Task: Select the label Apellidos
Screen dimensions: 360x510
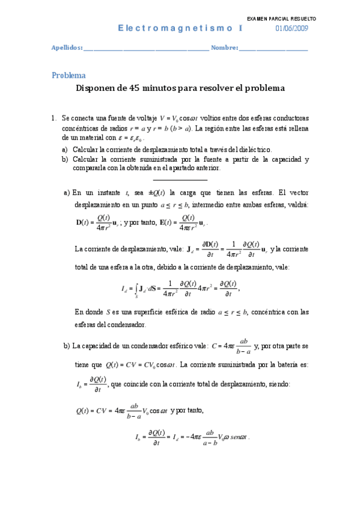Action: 66,48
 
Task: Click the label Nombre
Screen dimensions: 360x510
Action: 224,48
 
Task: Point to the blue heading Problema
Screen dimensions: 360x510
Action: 69,76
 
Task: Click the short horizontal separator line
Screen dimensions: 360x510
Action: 180,179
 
